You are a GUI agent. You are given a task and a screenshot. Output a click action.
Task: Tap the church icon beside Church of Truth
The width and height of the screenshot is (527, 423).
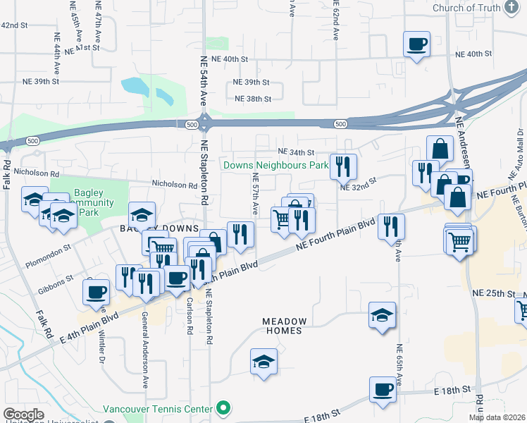pos(513,8)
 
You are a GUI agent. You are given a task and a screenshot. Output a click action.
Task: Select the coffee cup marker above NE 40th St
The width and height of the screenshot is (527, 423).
pos(416,44)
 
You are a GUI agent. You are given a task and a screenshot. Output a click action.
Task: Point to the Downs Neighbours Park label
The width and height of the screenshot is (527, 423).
pos(276,166)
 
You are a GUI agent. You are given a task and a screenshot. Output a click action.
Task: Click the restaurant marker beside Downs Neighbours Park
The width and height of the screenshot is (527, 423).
pos(343,166)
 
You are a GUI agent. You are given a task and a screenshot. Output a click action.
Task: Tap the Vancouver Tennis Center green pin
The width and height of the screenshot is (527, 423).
pos(224,408)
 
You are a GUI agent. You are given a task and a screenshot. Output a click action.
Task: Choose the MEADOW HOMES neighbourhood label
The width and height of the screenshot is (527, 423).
pos(282,326)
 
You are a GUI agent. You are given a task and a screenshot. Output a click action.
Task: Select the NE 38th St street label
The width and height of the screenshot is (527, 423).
pos(252,99)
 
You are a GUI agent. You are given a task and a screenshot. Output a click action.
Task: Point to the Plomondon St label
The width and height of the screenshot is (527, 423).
pos(48,248)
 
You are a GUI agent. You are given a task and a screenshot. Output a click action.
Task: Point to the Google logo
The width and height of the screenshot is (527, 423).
pos(23,415)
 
